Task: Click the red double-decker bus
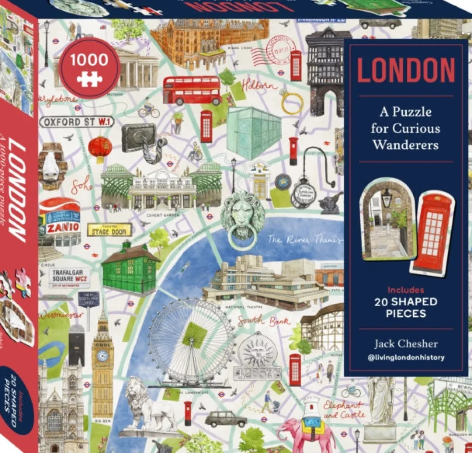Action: click(x=192, y=90)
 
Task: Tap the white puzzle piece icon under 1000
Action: click(x=89, y=78)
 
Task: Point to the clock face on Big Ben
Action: click(x=102, y=356)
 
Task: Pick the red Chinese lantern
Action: click(x=100, y=147)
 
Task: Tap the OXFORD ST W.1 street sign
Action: click(x=77, y=122)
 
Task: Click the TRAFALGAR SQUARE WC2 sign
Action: click(x=71, y=277)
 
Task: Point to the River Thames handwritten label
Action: click(x=305, y=239)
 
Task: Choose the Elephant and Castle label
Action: click(x=344, y=408)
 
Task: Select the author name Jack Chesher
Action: click(x=406, y=344)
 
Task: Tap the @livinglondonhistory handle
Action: click(x=406, y=358)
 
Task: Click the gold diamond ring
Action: click(x=292, y=102)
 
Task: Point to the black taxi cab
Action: click(x=225, y=419)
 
